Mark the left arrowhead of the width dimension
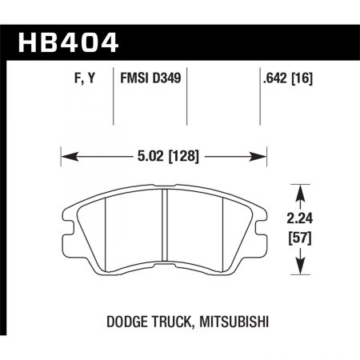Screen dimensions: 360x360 (66, 154)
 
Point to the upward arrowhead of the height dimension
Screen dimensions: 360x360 (300, 191)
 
